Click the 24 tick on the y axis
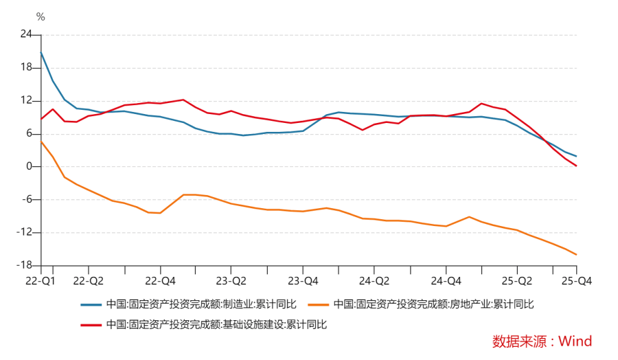click(26, 34)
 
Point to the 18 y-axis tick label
click(26, 67)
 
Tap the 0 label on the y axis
click(29, 166)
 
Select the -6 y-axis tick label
click(26, 199)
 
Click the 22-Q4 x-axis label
click(160, 280)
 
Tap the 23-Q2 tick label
click(231, 280)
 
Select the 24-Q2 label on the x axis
click(374, 280)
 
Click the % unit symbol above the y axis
click(41, 17)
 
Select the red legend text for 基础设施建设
click(216, 324)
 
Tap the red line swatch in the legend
click(91, 324)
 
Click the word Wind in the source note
click(575, 341)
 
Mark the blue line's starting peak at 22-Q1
click(41, 52)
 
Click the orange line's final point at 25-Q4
click(576, 255)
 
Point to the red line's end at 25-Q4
click(576, 166)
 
